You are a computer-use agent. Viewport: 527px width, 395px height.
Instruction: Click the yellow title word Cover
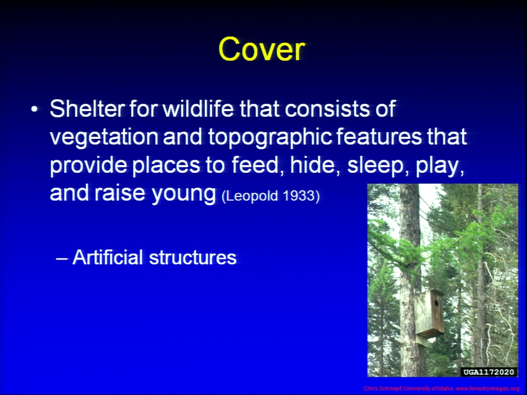(261, 49)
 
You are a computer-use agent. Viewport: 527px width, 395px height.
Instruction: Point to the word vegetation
(104, 137)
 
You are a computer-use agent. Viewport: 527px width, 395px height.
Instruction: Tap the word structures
(193, 258)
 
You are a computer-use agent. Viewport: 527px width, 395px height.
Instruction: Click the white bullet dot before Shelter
(34, 110)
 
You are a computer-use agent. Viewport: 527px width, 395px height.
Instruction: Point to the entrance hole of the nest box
(436, 303)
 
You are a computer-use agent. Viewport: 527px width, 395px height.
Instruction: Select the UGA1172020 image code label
(489, 372)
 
